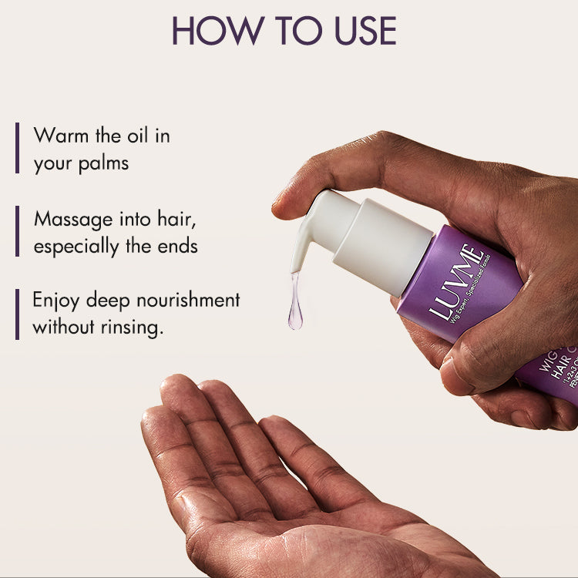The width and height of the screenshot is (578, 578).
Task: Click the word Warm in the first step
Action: coord(60,136)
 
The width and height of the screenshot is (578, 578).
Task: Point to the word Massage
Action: coord(72,219)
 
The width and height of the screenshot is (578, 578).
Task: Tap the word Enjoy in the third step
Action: coord(59,301)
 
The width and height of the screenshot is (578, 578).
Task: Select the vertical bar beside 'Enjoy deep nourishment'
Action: coord(17,314)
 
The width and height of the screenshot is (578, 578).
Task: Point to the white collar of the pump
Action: coord(393,244)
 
